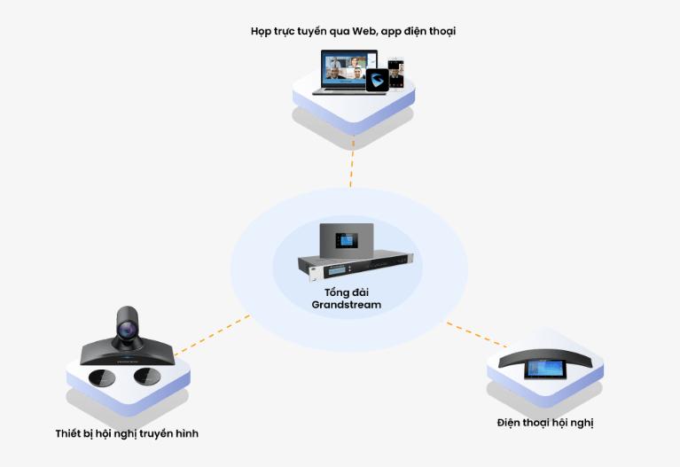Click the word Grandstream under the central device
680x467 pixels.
click(x=346, y=305)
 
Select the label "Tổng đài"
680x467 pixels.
click(x=346, y=292)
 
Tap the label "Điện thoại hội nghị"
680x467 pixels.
click(x=545, y=423)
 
